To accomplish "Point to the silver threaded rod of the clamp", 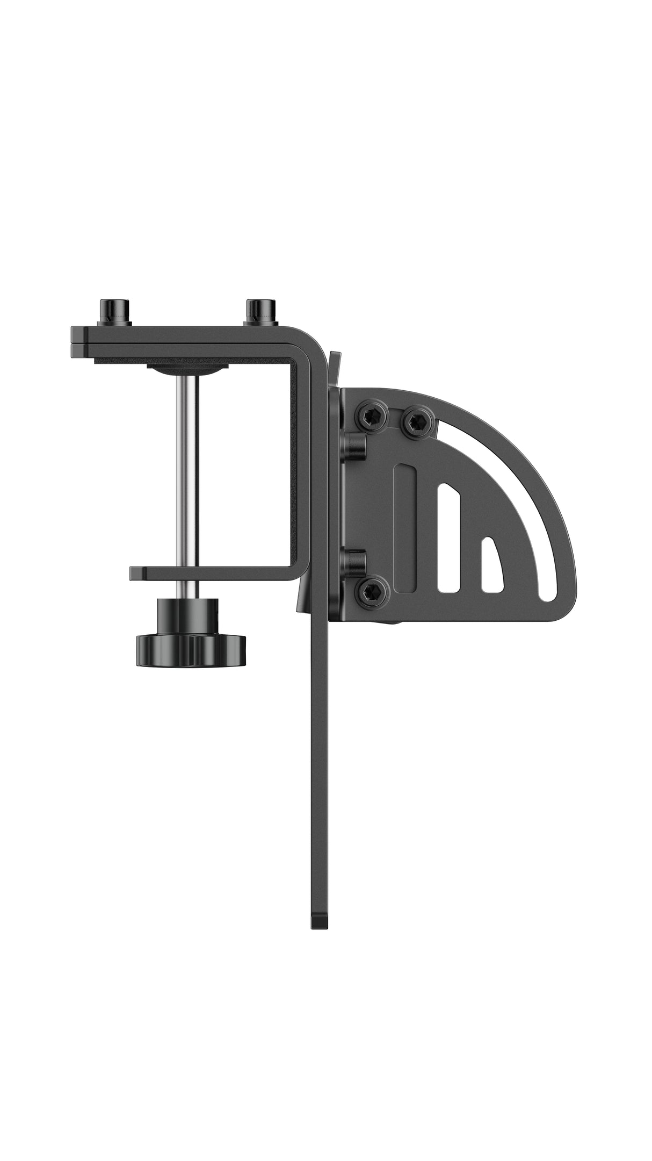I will pyautogui.click(x=186, y=473).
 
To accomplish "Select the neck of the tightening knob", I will pyautogui.click(x=185, y=615).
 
